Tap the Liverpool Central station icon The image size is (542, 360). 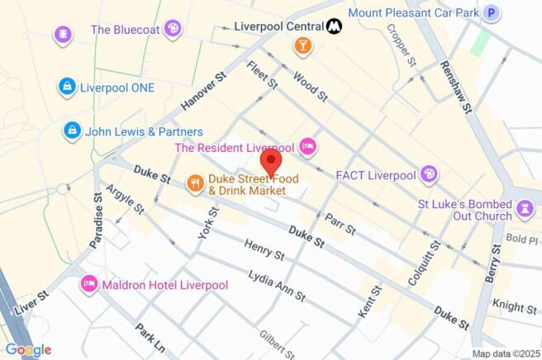coord(335,26)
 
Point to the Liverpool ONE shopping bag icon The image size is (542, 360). coord(67,87)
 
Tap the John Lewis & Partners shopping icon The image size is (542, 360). coord(73,131)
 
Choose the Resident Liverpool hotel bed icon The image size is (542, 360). coord(307,148)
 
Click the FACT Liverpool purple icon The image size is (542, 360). coord(429,174)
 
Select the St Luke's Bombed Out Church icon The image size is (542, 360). coord(524,209)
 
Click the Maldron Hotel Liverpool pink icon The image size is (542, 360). coord(89,285)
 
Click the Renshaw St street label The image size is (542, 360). coord(457,87)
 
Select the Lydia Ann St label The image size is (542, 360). coord(278,285)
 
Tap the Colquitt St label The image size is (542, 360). coord(423,267)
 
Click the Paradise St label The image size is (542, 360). coord(97,221)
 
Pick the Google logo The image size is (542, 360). coord(28,349)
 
